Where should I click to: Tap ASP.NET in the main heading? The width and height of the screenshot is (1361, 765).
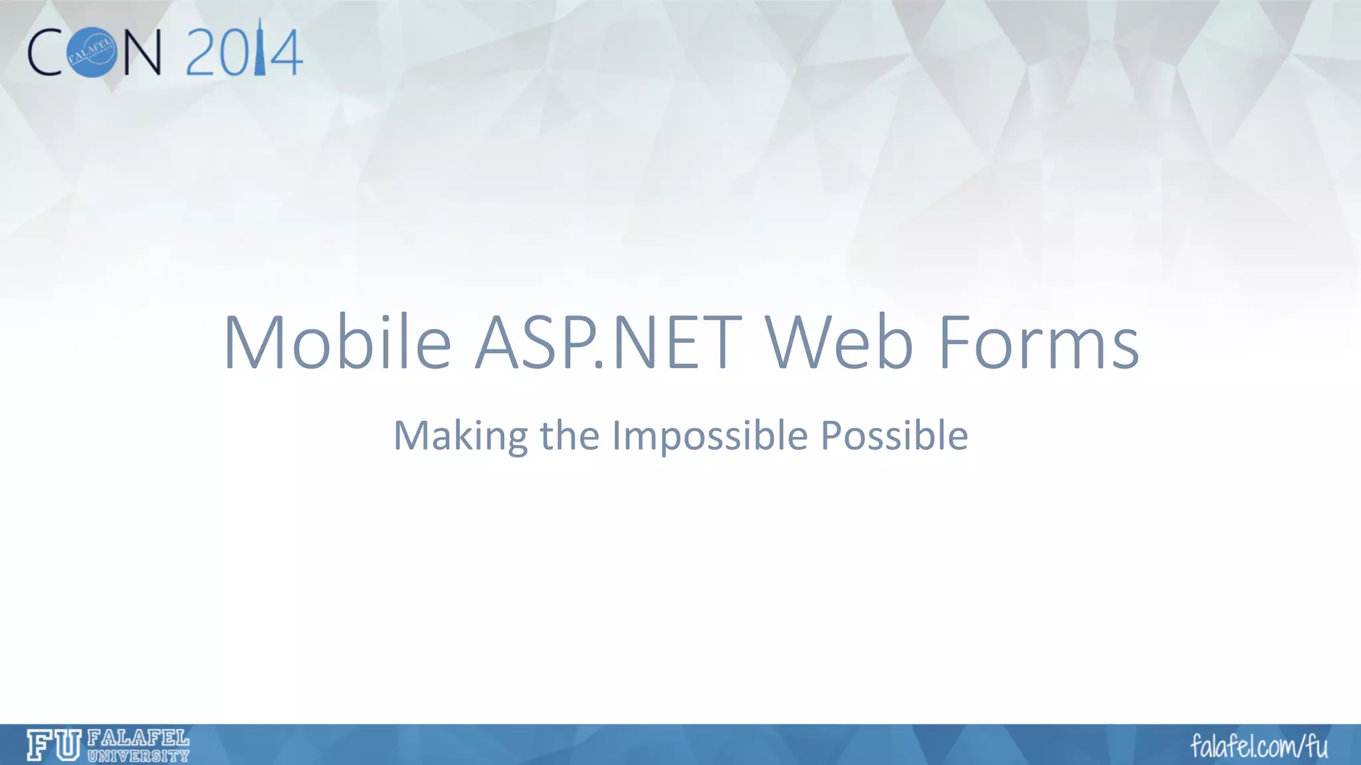pyautogui.click(x=607, y=343)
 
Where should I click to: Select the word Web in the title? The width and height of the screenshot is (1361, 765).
pyautogui.click(x=839, y=343)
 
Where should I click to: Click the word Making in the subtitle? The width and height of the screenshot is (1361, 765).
pyautogui.click(x=460, y=436)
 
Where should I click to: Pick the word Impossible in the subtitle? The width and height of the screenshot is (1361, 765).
pyautogui.click(x=710, y=436)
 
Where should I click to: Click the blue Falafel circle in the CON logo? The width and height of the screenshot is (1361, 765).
pyautogui.click(x=93, y=52)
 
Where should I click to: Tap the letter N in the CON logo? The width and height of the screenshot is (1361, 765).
pyautogui.click(x=142, y=53)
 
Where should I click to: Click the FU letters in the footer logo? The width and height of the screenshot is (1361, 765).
pyautogui.click(x=54, y=744)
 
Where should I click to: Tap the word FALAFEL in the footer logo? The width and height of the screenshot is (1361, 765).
pyautogui.click(x=138, y=737)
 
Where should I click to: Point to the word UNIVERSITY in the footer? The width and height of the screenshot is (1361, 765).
pyautogui.click(x=138, y=755)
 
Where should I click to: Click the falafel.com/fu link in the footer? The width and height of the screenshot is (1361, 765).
pyautogui.click(x=1259, y=746)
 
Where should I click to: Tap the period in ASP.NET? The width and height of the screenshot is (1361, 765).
pyautogui.click(x=597, y=365)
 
